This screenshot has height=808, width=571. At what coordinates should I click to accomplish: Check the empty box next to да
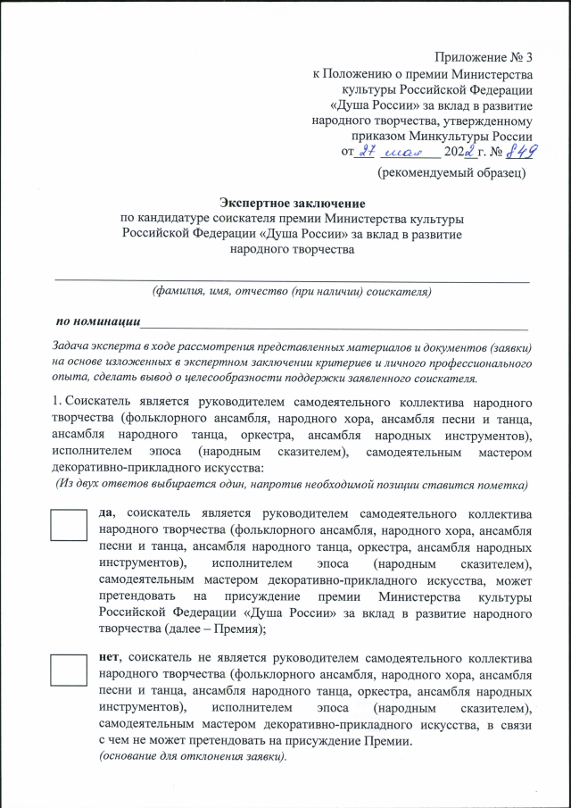pyautogui.click(x=68, y=524)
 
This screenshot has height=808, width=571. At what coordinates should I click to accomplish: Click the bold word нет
pyautogui.click(x=110, y=659)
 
